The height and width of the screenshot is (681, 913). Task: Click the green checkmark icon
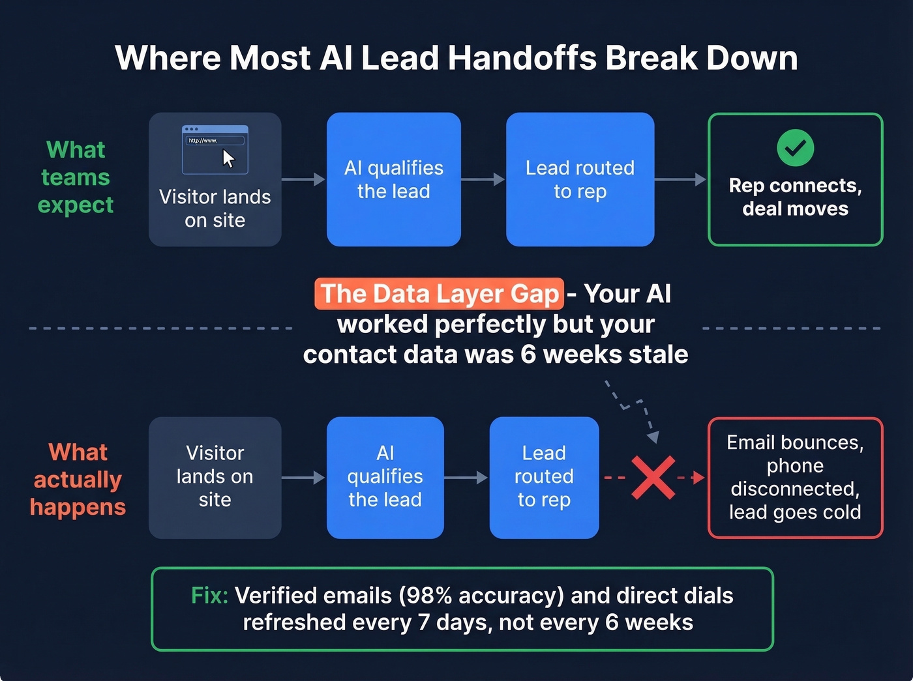[795, 148]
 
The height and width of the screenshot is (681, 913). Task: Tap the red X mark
[653, 478]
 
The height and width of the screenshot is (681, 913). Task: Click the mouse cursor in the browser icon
[228, 158]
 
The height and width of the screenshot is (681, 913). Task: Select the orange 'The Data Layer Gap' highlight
[439, 294]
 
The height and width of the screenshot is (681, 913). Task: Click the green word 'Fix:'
[209, 596]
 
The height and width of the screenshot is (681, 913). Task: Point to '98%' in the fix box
[425, 596]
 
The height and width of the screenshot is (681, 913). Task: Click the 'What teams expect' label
[76, 177]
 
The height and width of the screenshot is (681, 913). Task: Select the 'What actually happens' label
[78, 480]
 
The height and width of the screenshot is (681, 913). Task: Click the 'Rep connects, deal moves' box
[795, 180]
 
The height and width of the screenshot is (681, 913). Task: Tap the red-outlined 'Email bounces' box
[795, 478]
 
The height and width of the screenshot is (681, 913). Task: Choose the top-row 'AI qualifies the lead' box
[393, 179]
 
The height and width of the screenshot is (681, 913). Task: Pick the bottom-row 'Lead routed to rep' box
[544, 478]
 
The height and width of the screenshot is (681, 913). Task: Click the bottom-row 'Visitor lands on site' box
[215, 478]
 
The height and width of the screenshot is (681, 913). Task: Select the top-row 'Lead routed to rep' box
[580, 179]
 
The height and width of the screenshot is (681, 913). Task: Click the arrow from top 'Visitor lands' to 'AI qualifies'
[303, 179]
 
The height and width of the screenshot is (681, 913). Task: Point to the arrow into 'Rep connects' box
[680, 179]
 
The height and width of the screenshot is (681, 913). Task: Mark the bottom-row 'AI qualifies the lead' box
[385, 478]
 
